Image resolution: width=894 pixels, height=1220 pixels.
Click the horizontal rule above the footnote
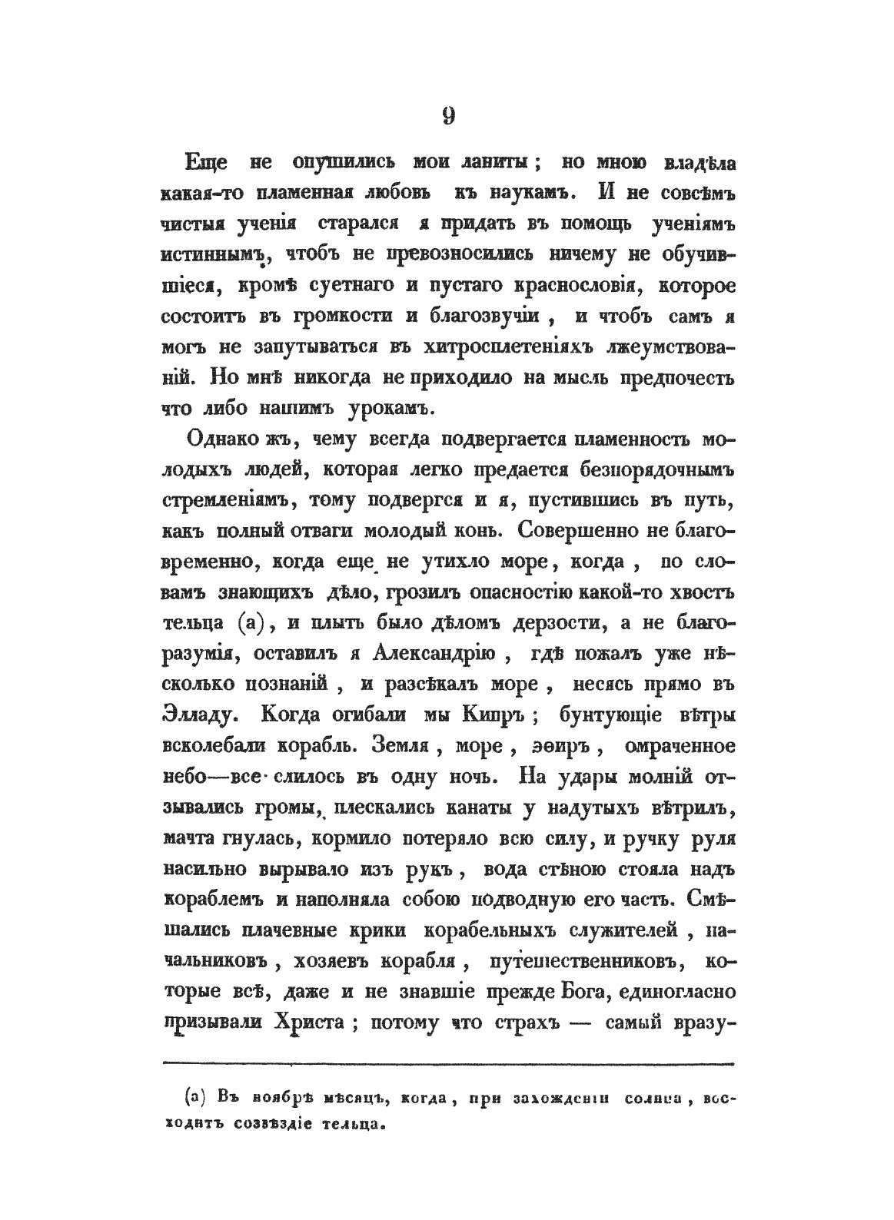[x=448, y=1064]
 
